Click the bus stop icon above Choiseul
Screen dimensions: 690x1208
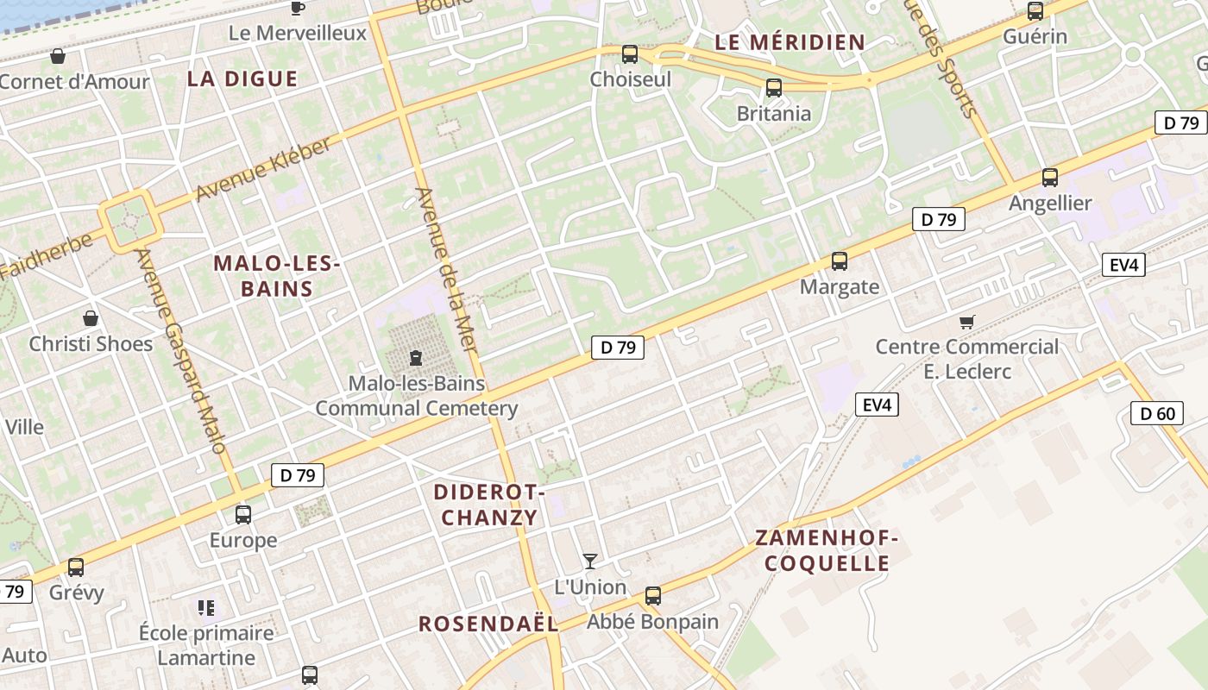[630, 54]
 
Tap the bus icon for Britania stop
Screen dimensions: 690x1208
[773, 88]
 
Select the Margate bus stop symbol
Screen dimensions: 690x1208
[839, 261]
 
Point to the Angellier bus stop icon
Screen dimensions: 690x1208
[1049, 178]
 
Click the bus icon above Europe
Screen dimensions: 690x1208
[243, 515]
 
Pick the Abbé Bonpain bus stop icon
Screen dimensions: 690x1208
[653, 596]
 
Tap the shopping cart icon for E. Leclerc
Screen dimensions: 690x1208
[966, 322]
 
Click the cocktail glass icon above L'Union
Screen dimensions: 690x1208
[590, 561]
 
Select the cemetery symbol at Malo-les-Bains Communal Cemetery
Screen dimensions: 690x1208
[416, 357]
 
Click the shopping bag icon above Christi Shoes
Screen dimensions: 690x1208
[91, 318]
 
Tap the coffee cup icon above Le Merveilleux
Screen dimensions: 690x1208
[298, 9]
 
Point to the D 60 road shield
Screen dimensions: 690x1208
[1156, 413]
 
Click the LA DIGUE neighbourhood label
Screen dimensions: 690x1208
[242, 79]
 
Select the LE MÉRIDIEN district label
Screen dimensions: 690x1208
[790, 42]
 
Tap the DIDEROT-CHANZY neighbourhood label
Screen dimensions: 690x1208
[488, 505]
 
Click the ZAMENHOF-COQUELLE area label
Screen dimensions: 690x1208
[827, 550]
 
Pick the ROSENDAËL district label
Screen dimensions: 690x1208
[488, 624]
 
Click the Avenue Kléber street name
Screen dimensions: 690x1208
[262, 169]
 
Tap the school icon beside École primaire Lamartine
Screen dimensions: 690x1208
[205, 608]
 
